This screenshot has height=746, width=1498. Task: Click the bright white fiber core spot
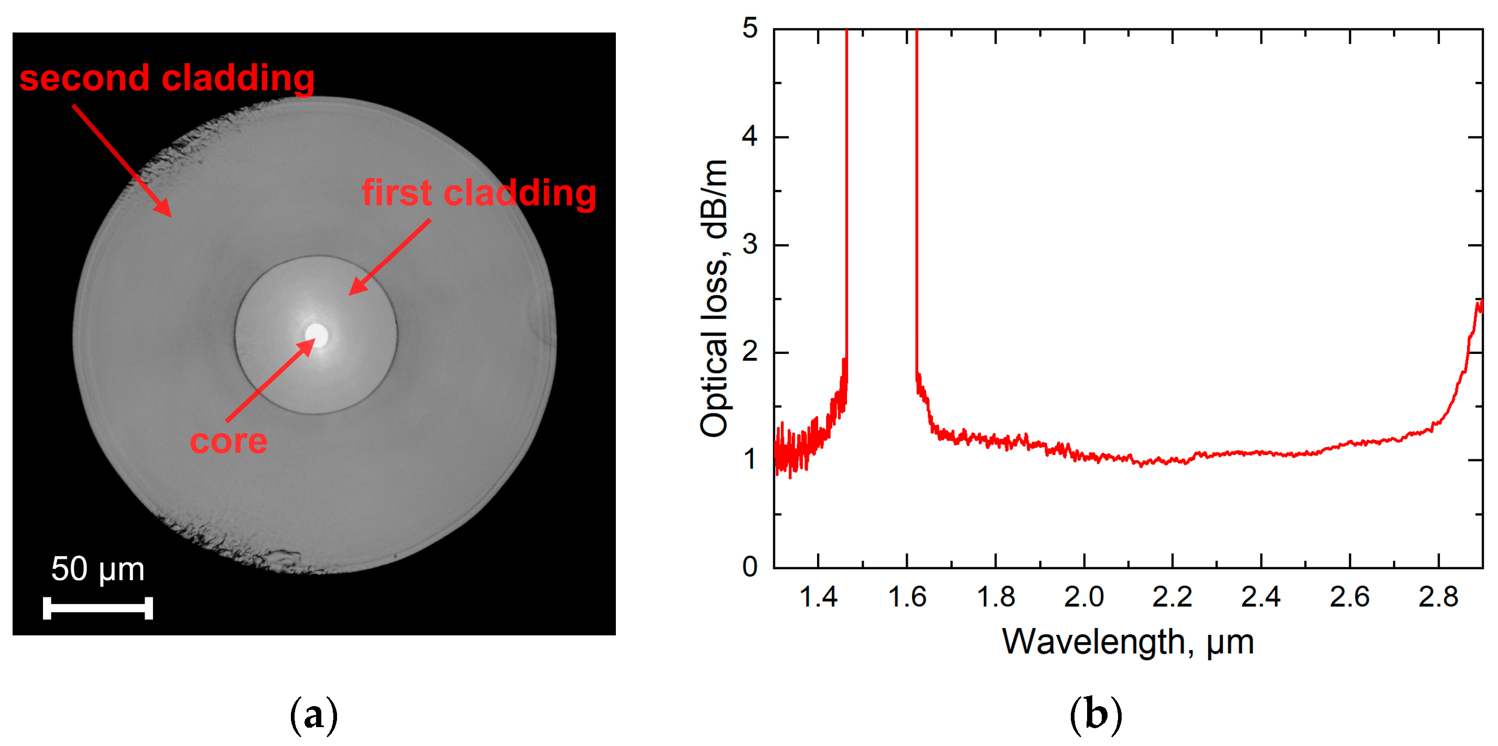[317, 334]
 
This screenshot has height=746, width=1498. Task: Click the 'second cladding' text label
[167, 78]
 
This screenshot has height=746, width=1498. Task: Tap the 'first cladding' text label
[479, 193]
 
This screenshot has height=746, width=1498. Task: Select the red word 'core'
[229, 441]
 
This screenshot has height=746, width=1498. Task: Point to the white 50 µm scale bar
[97, 608]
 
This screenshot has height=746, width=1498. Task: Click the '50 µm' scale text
[97, 569]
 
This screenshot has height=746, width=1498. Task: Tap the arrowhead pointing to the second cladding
[164, 209]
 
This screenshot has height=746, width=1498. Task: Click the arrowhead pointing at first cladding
[356, 289]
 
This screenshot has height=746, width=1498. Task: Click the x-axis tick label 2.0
[1083, 597]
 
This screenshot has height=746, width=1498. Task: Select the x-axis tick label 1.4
[818, 597]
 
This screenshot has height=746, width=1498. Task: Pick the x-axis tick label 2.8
[1438, 597]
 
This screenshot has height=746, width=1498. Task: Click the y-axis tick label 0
[750, 567]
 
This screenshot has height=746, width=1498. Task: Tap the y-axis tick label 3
[750, 244]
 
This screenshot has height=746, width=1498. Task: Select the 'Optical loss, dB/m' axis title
[713, 298]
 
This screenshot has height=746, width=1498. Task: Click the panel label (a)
[313, 715]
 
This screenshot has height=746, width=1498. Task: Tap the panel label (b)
[1095, 715]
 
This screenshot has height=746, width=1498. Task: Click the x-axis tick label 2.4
[1260, 597]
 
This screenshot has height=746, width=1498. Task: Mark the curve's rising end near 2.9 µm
[1477, 308]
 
